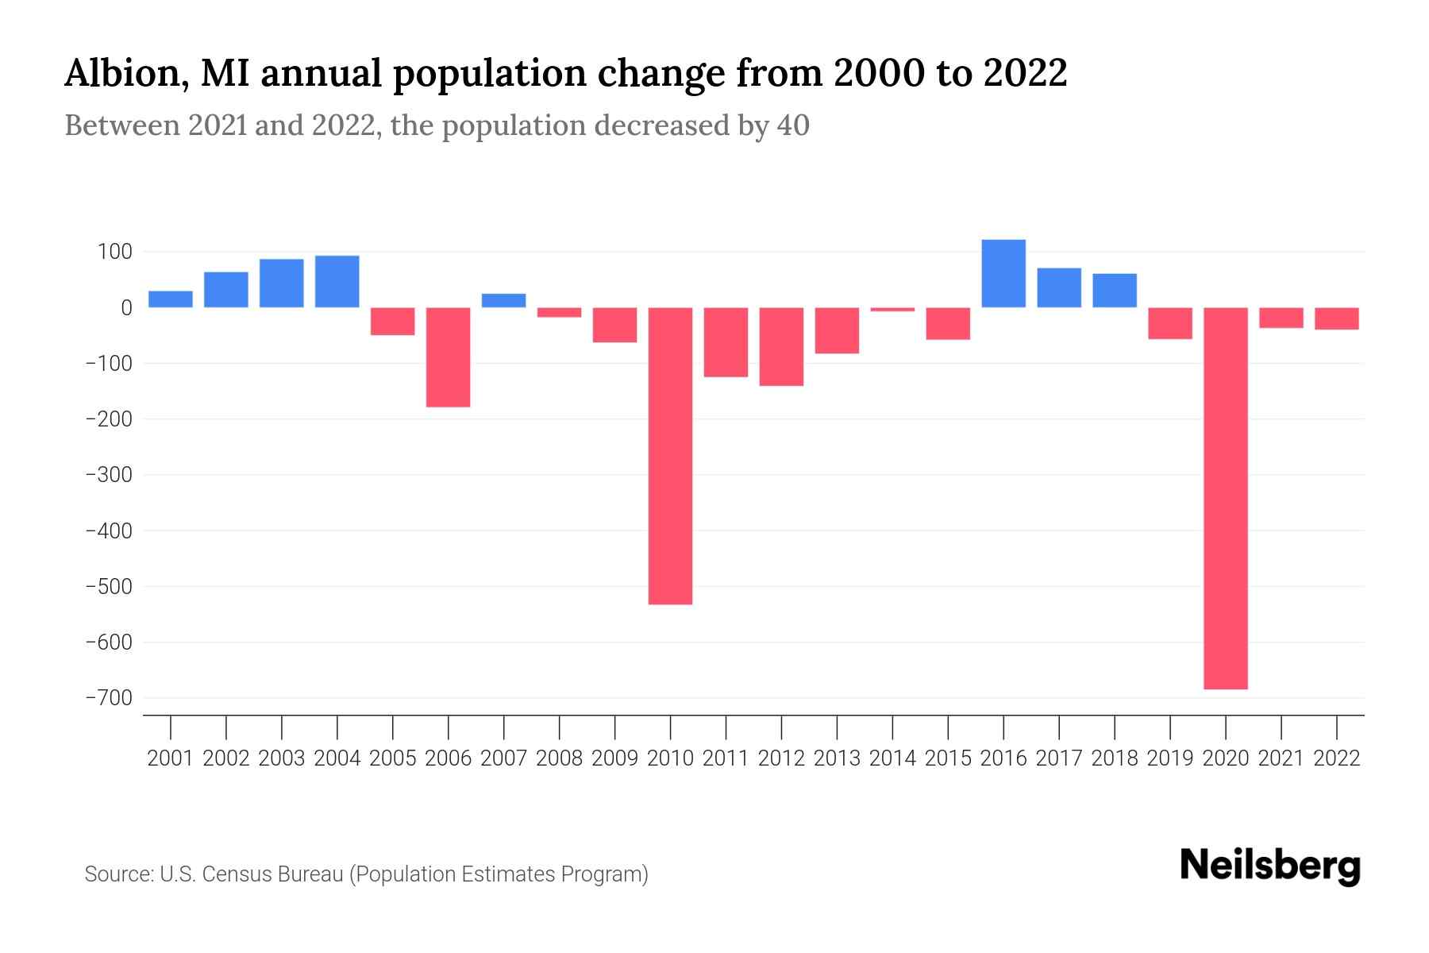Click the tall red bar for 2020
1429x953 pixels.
[1225, 498]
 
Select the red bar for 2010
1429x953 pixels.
[670, 456]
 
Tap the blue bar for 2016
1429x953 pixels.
[1003, 273]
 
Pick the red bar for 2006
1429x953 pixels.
[448, 357]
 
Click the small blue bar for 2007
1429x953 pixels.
[503, 300]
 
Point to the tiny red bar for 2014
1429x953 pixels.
[892, 309]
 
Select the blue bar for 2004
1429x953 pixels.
[337, 281]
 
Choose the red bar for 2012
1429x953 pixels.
[781, 346]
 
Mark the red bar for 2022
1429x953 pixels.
[1337, 318]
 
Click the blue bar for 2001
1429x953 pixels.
[170, 299]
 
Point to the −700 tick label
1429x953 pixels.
[108, 698]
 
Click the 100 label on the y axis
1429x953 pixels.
[114, 252]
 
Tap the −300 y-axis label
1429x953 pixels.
[108, 475]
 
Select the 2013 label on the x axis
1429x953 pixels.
[837, 758]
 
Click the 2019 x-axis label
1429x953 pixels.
[1170, 758]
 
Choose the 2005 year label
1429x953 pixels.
[392, 758]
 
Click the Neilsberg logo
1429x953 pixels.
[1270, 866]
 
